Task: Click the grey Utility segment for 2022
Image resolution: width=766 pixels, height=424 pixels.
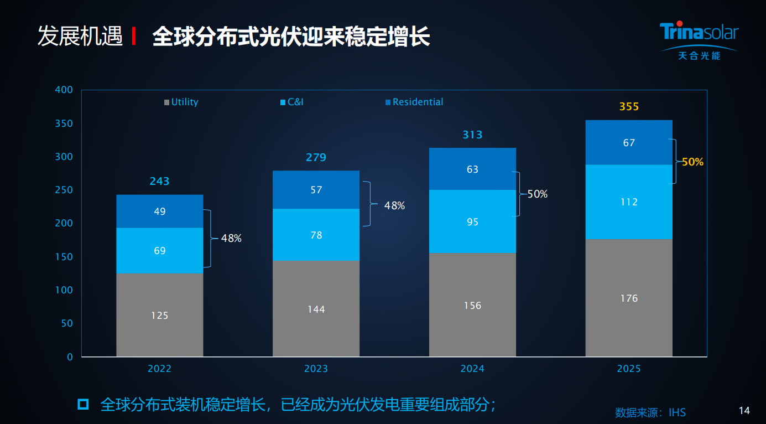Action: tap(159, 314)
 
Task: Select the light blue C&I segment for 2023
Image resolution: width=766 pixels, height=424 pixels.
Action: tap(316, 235)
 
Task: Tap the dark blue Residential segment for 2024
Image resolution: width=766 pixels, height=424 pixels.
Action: tap(472, 169)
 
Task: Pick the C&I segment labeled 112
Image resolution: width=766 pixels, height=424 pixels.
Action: tap(629, 201)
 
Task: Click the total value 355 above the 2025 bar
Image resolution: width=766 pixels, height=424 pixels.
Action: tap(629, 106)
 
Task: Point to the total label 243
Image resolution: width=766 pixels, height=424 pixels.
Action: tap(159, 181)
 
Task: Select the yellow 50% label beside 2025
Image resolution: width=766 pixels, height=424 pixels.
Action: tap(692, 162)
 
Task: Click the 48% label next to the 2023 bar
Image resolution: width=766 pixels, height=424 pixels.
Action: tap(394, 206)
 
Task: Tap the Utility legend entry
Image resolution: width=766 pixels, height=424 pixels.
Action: tap(181, 102)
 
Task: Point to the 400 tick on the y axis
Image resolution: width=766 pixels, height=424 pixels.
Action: tap(64, 90)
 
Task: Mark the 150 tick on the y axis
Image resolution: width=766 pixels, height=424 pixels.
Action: tap(64, 257)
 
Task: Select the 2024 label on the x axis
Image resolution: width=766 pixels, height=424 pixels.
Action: tap(472, 369)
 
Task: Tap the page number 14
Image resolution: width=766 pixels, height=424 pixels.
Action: tap(744, 411)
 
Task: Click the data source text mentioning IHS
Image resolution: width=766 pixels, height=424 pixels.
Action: tap(650, 412)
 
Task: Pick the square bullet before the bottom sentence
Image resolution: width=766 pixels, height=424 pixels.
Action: tap(83, 404)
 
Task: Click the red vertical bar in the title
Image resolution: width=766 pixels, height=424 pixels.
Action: tap(134, 37)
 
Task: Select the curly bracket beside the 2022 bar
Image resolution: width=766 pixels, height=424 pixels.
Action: tap(208, 239)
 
